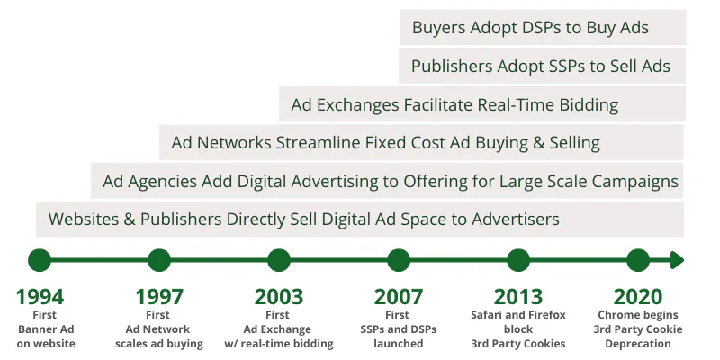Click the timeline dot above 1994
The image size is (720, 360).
[x=40, y=260]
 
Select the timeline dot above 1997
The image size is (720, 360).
[x=159, y=260]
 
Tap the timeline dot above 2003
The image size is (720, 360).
[x=279, y=260]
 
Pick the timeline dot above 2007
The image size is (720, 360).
[x=399, y=260]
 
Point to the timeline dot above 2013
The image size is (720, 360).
[x=518, y=260]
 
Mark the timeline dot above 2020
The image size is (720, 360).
[x=638, y=260]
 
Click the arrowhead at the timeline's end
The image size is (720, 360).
[x=678, y=260]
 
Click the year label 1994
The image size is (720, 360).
[x=40, y=297]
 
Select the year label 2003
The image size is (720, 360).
[x=279, y=297]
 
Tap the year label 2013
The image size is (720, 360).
[x=518, y=297]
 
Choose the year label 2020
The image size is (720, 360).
[x=638, y=297]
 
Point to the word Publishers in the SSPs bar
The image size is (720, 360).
[x=452, y=67]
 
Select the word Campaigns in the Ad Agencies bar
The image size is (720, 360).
[x=635, y=182]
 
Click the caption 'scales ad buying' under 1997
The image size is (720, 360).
[x=159, y=344]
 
